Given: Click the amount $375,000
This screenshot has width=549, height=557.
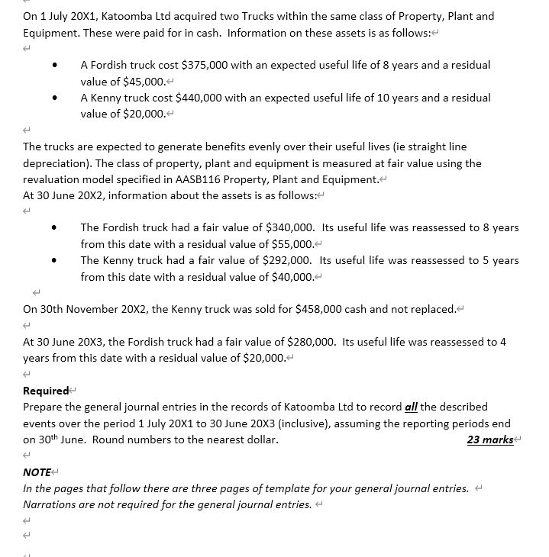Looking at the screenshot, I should (205, 66).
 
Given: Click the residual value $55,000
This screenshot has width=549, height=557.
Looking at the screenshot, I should (292, 244).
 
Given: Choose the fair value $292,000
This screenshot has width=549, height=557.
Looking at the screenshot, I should (289, 260).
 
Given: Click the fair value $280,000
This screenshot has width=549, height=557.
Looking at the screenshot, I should (312, 342).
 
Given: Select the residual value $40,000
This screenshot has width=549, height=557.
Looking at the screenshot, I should (292, 276).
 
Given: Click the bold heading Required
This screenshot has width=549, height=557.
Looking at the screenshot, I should (46, 391).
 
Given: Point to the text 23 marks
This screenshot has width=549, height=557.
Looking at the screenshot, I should (489, 439).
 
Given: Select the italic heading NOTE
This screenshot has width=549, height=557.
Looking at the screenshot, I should (37, 472).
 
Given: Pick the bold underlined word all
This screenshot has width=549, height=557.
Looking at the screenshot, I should (411, 407).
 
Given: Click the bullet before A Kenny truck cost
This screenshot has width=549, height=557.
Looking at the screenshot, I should (55, 98).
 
